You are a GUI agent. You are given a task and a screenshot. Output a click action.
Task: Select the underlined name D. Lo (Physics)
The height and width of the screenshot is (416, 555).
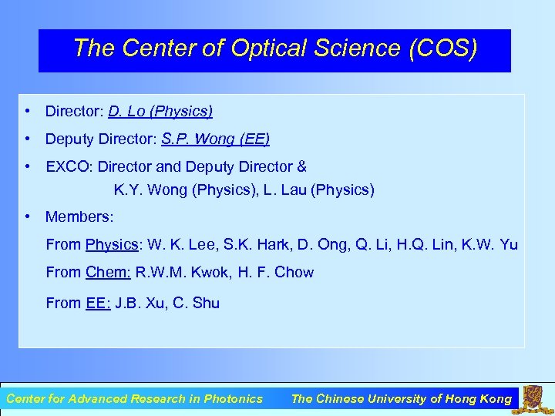click(x=160, y=112)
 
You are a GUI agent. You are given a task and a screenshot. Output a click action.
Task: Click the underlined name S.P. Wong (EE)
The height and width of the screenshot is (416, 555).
click(x=216, y=139)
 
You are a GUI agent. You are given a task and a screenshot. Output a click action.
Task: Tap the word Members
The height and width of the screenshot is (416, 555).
click(x=77, y=217)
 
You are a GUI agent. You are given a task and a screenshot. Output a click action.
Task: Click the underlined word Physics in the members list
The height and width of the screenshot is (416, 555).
click(x=113, y=245)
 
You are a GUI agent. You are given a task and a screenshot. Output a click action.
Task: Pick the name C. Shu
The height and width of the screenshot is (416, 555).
click(x=197, y=304)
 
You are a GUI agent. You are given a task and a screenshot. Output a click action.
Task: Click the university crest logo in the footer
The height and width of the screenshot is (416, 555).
click(x=533, y=398)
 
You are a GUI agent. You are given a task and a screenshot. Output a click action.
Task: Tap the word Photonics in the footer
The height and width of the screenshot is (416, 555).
click(x=233, y=399)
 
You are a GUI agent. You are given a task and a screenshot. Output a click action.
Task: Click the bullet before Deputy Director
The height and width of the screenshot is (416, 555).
click(x=27, y=139)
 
